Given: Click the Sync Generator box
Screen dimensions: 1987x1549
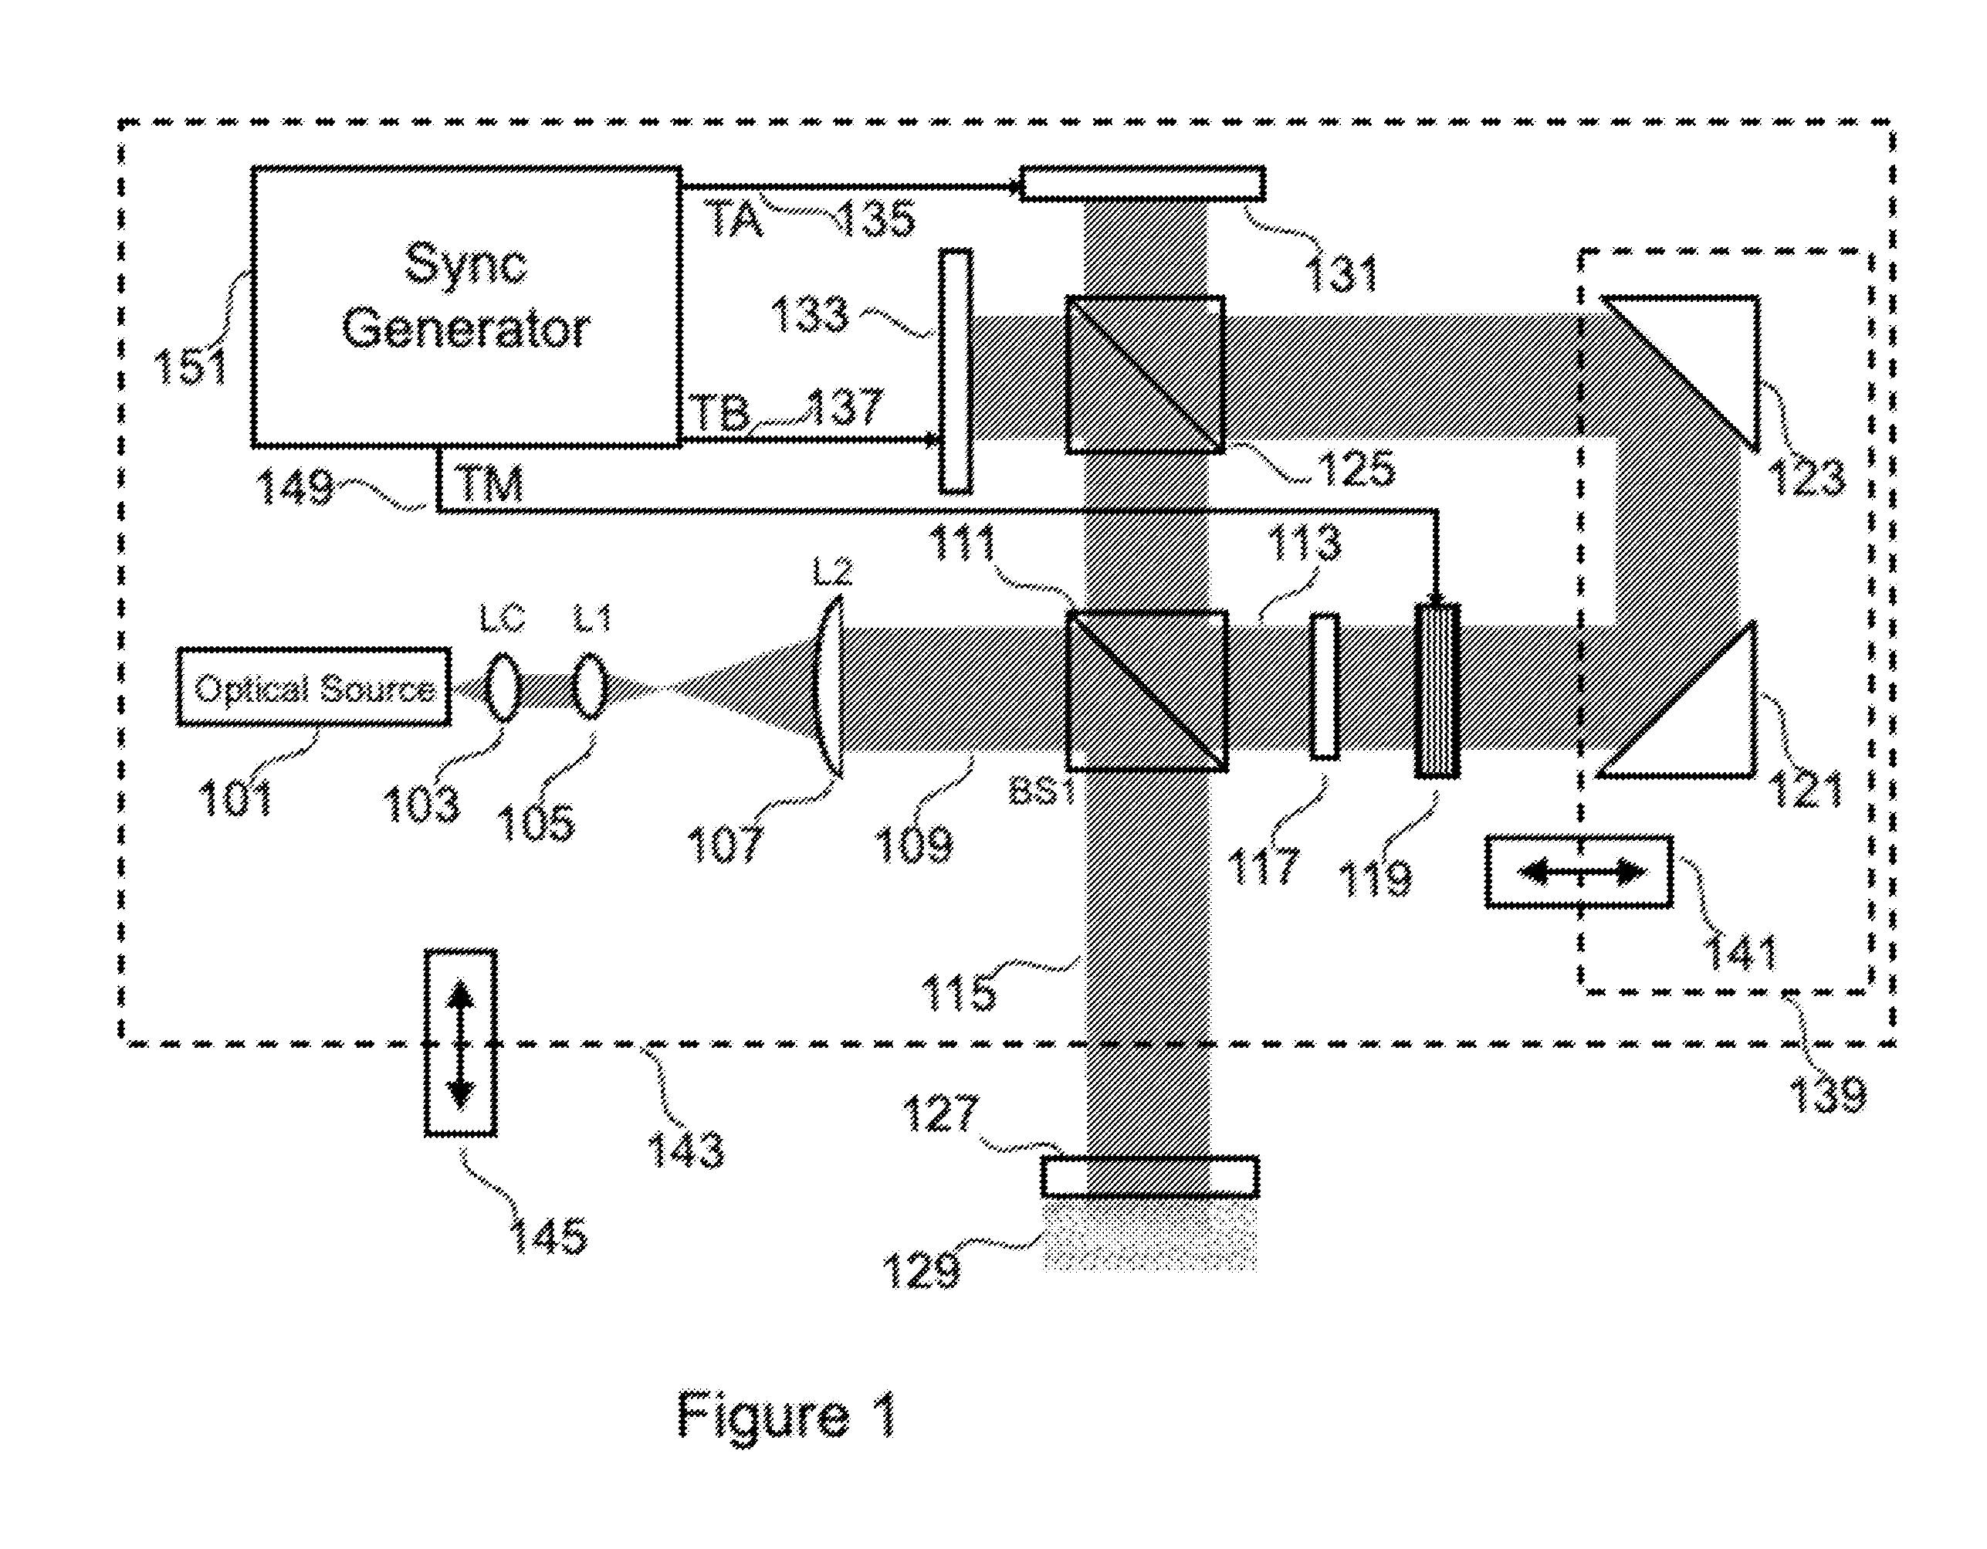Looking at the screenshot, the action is tap(465, 307).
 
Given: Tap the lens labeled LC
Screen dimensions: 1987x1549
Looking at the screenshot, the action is tap(503, 685).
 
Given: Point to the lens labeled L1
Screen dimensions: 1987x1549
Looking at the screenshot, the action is tap(591, 685).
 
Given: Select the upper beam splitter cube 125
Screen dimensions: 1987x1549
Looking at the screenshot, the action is tap(1145, 374).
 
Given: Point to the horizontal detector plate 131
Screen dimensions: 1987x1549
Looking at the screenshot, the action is tap(1142, 183).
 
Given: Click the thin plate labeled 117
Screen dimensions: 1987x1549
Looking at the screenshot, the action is tap(1325, 686).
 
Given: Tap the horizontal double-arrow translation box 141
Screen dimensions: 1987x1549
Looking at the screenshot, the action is tap(1579, 872).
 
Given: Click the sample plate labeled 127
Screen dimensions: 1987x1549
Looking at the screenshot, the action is tap(1150, 1177).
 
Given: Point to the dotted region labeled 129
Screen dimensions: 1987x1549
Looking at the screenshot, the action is tap(1150, 1234).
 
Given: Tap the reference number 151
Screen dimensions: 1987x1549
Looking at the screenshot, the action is tap(190, 366).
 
